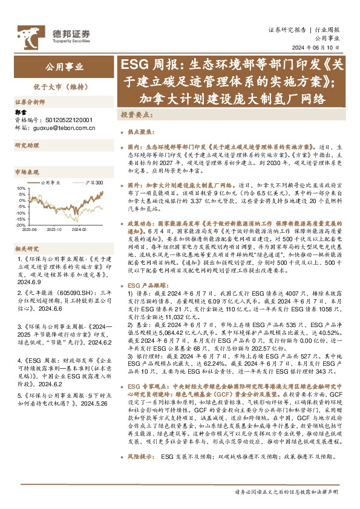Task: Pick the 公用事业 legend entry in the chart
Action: pos(50,183)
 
